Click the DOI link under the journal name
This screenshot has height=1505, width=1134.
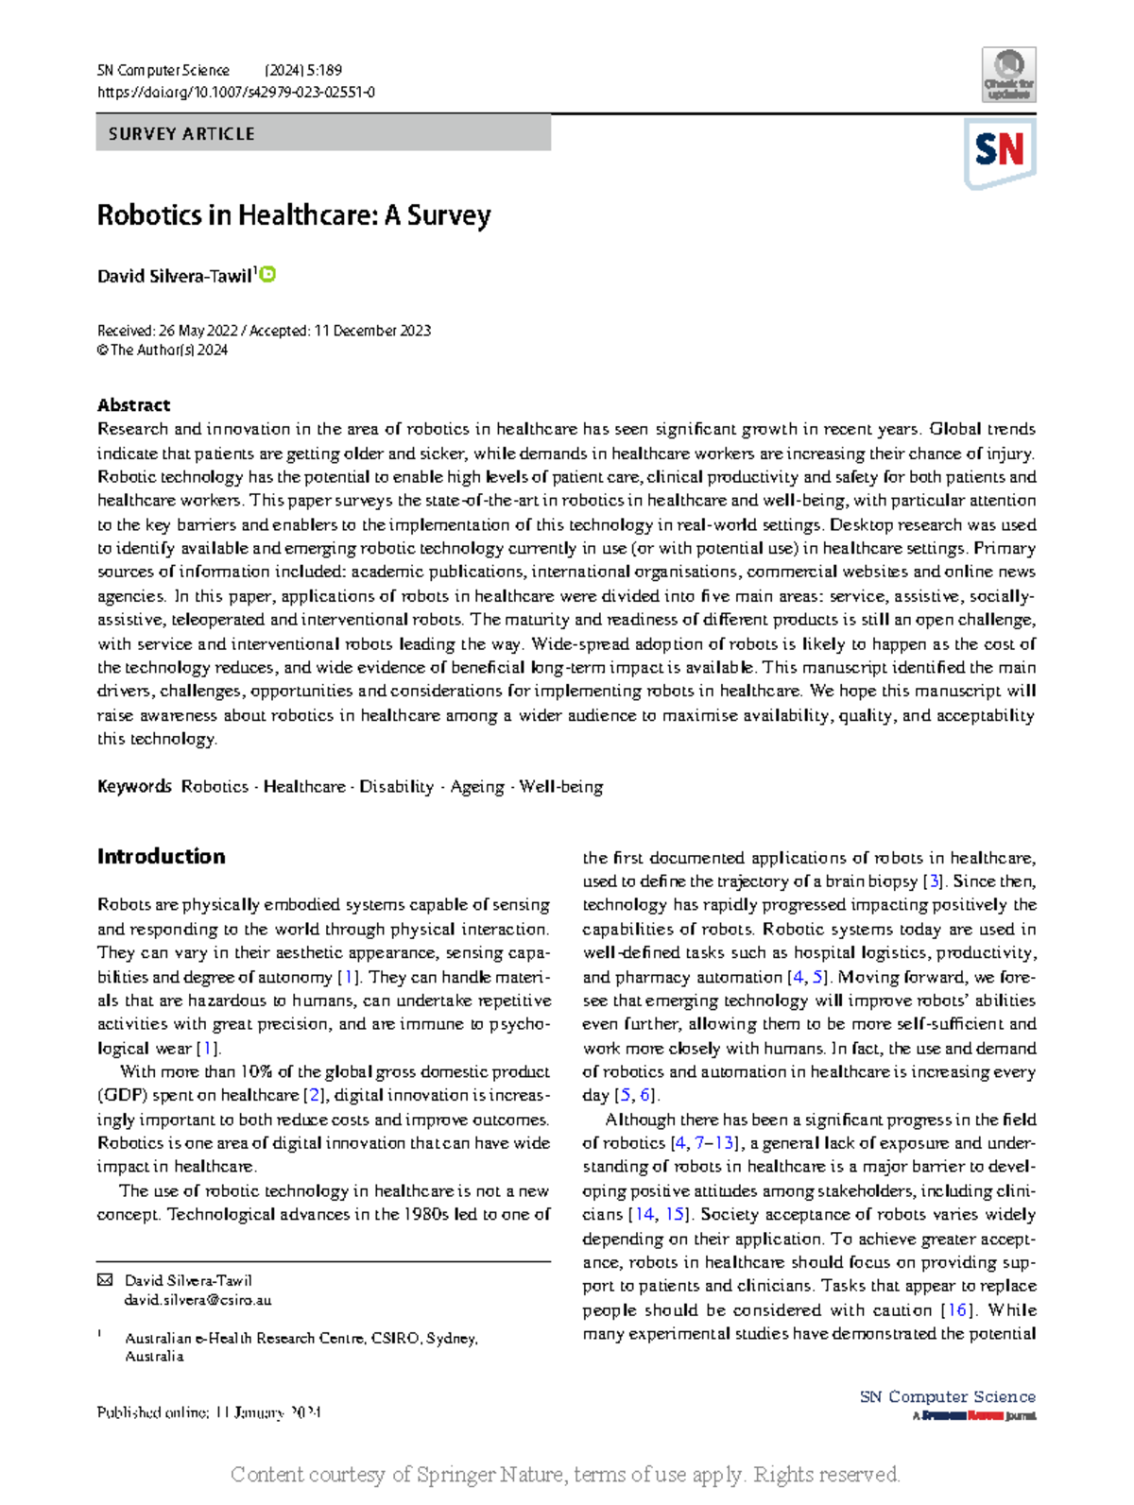tap(235, 93)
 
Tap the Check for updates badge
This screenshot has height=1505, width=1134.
tap(1009, 75)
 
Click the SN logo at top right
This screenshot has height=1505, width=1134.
tap(999, 151)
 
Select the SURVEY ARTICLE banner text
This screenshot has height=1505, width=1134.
tap(181, 134)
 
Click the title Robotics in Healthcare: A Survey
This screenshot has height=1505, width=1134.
tap(294, 215)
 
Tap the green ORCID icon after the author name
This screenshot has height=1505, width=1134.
tap(268, 275)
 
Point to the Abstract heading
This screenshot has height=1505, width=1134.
tap(133, 405)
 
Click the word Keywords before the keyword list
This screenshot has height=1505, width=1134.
tap(134, 787)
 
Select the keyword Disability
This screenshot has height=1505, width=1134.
tap(396, 787)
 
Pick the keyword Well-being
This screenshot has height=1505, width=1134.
tap(561, 787)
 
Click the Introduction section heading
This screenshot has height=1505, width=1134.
tap(161, 857)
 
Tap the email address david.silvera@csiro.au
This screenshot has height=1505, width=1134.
tap(198, 1300)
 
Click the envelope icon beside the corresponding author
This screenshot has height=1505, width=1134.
tap(104, 1281)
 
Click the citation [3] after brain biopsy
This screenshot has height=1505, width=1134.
tap(934, 881)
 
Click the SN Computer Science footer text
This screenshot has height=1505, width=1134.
tap(947, 1397)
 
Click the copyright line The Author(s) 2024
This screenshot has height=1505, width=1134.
tap(168, 351)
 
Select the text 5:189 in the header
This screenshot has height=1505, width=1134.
tap(324, 71)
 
